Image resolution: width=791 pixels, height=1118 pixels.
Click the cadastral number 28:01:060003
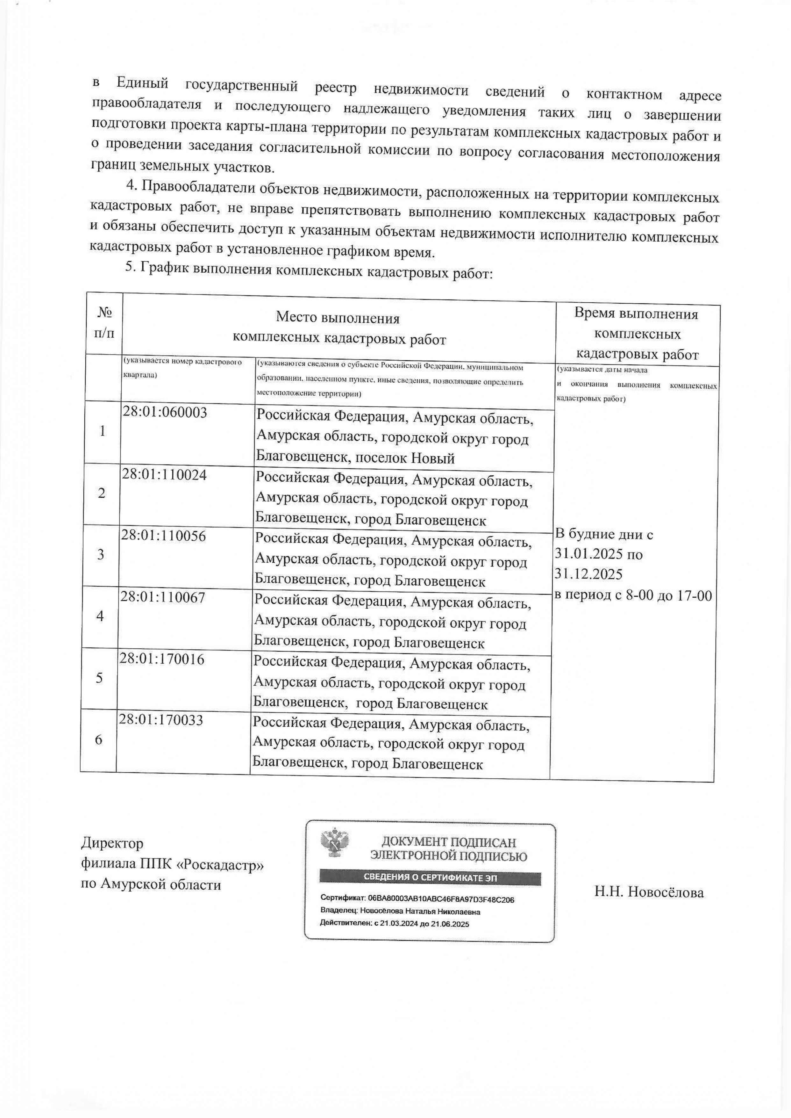(x=165, y=413)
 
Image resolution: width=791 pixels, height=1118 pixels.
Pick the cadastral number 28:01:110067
(x=163, y=597)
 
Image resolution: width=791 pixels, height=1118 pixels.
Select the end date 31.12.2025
(x=589, y=574)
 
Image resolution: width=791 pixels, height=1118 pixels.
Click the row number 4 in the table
(x=100, y=616)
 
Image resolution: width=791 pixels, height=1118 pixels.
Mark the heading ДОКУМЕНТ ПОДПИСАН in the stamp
(x=448, y=842)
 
